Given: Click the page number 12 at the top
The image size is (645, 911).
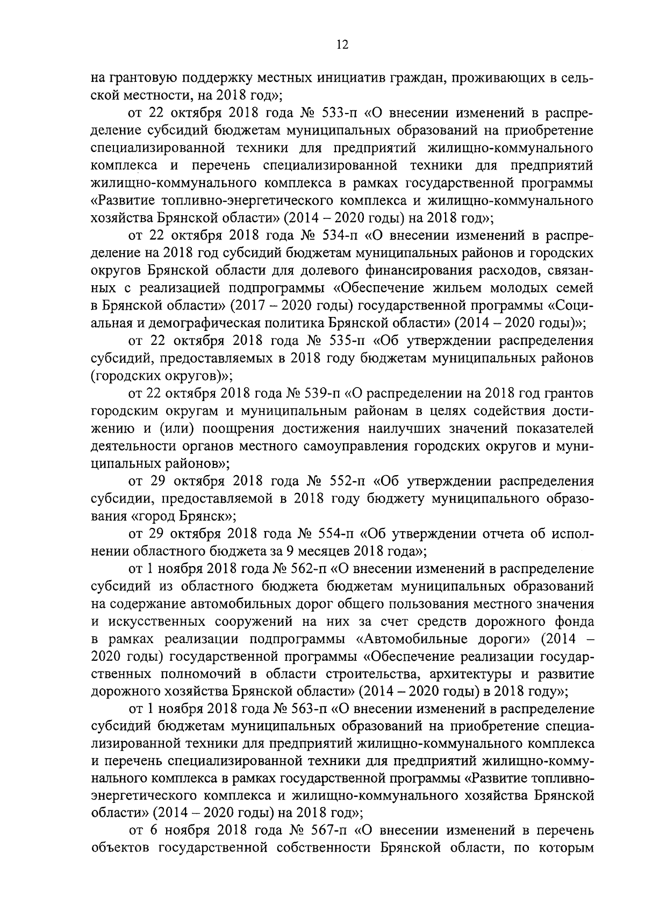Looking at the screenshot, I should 342,45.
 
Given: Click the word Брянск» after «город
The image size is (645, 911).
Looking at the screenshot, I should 207,515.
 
